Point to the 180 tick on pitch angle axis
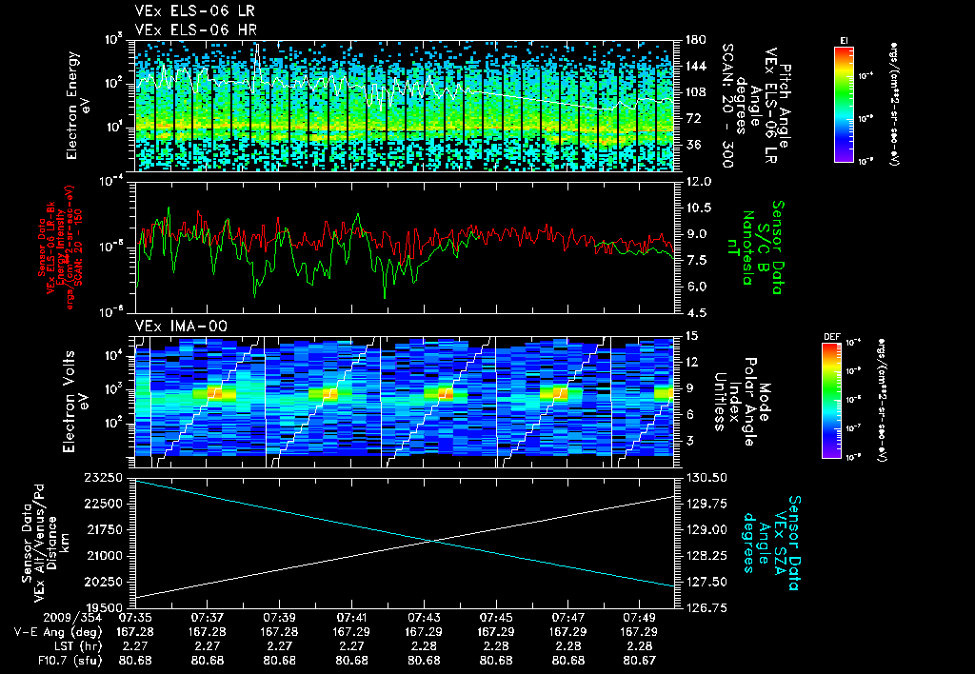click(x=694, y=40)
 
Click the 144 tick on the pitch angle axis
click(x=694, y=67)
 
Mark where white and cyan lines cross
click(x=435, y=541)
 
